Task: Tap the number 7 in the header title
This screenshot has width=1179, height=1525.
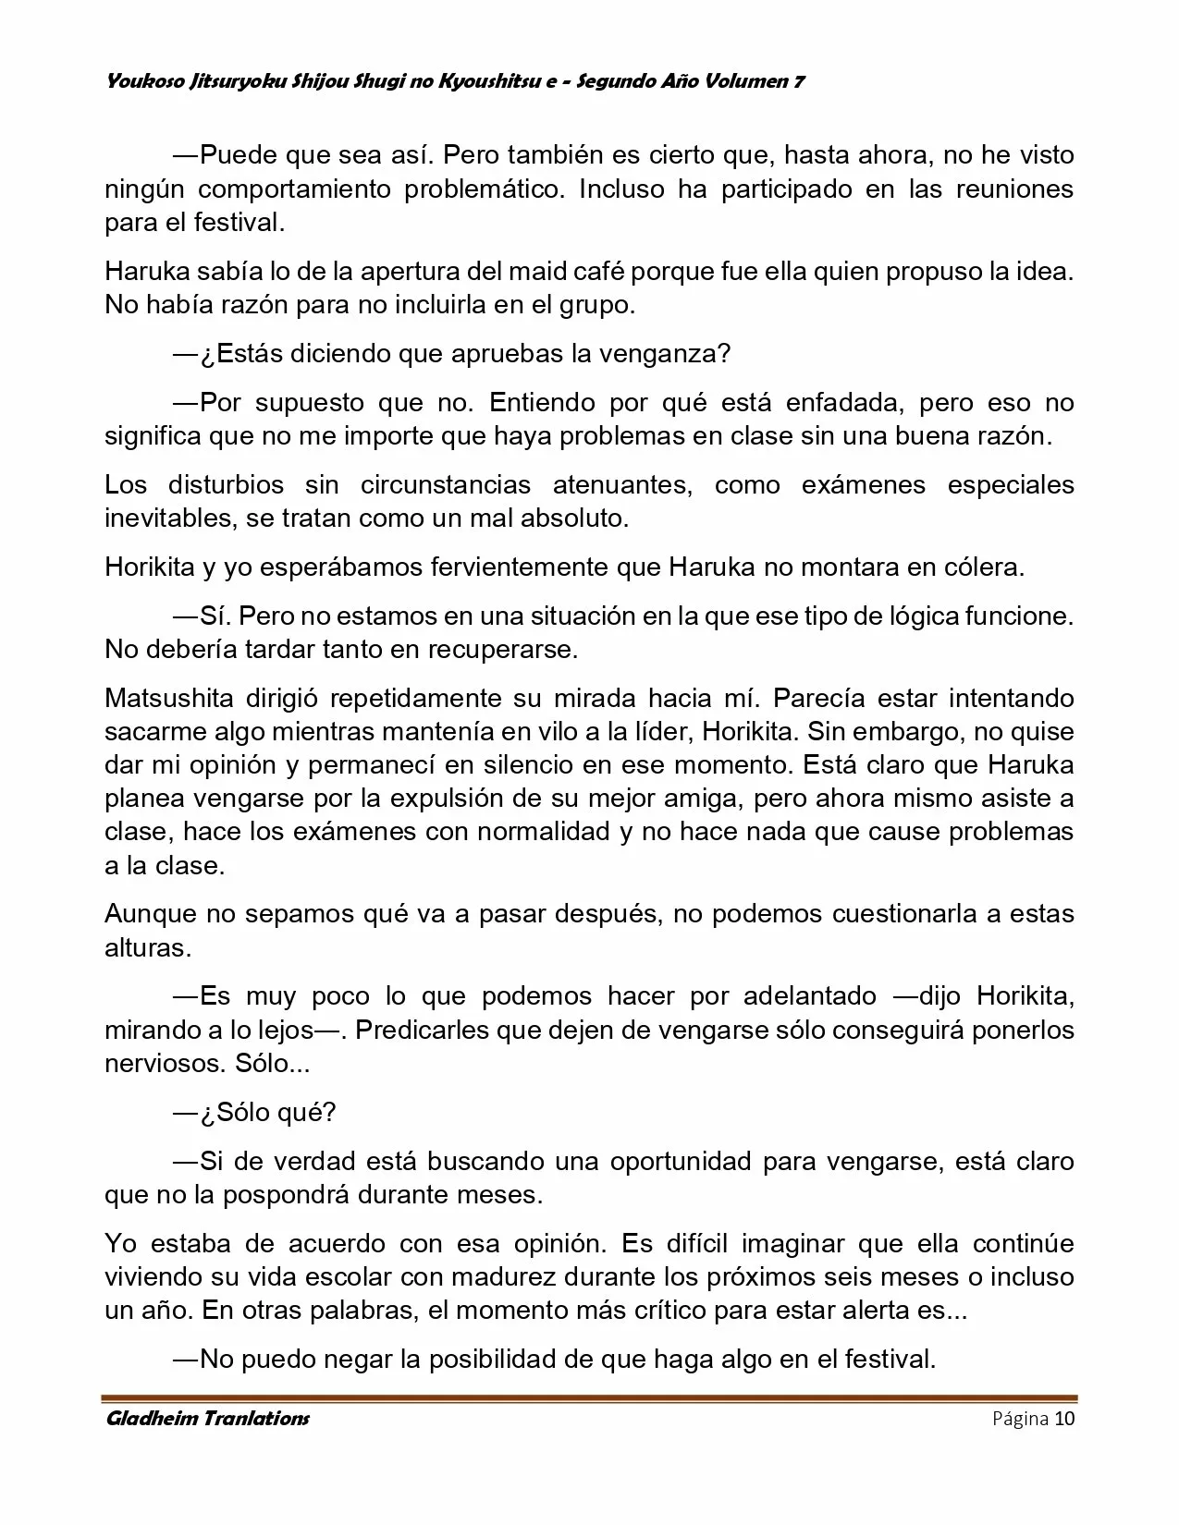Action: coord(798,81)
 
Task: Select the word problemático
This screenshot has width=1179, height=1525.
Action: coord(482,189)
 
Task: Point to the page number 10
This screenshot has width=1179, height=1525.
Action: coord(1064,1419)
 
